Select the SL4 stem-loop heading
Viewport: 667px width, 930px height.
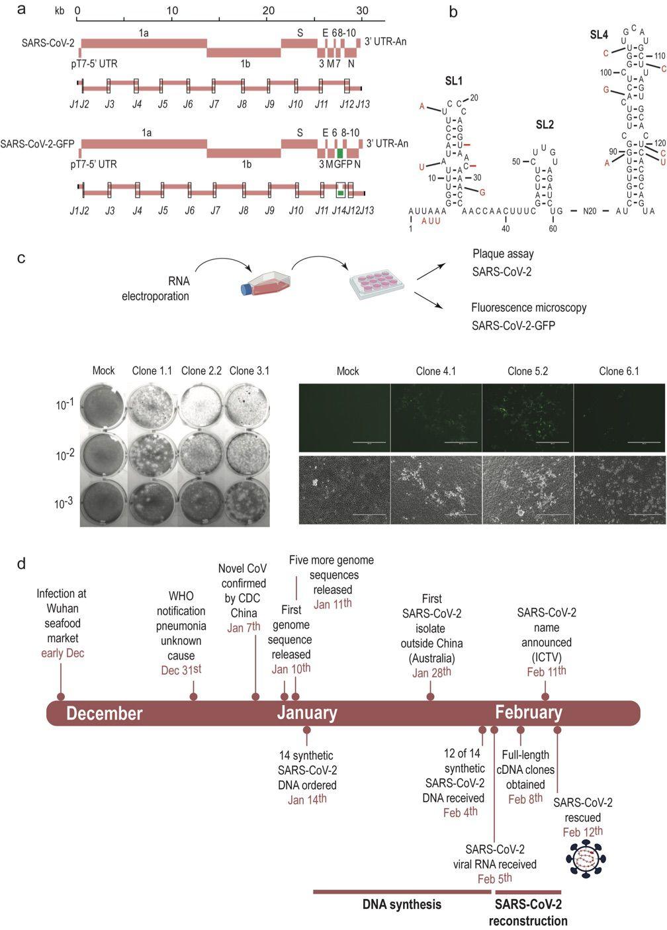(x=600, y=34)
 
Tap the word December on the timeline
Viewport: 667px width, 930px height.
(x=105, y=714)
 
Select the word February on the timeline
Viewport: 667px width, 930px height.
(x=529, y=713)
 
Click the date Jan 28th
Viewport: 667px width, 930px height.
(x=431, y=673)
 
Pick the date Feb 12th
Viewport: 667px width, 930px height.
(x=583, y=831)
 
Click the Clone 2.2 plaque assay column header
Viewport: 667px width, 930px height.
(x=202, y=370)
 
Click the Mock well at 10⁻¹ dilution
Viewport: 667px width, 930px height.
(x=103, y=405)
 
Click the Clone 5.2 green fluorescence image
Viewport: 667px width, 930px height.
(x=528, y=417)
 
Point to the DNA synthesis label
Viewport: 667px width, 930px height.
(x=402, y=904)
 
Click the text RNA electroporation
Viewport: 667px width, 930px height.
(x=156, y=288)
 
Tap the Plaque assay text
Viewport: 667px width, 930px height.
(x=502, y=254)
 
